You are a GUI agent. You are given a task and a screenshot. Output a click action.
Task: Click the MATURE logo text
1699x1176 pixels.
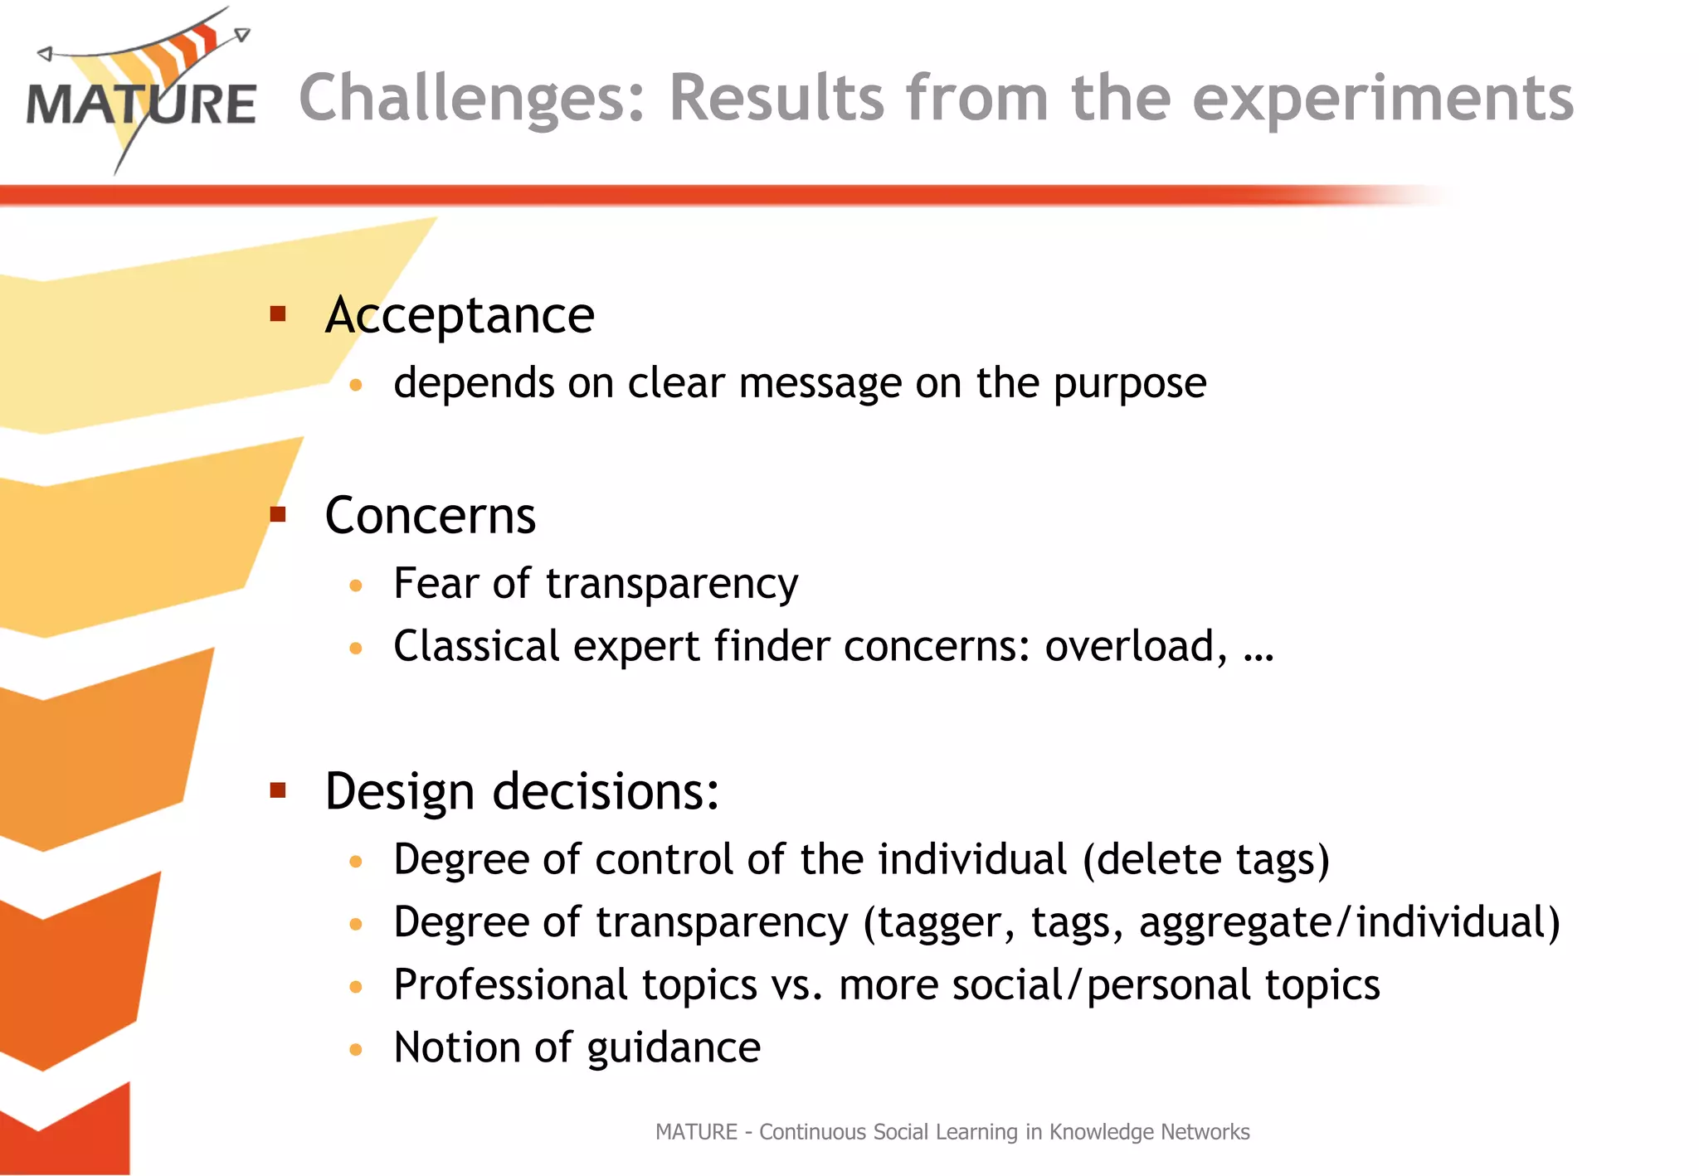141,105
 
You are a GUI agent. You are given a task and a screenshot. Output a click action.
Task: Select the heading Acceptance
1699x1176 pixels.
460,316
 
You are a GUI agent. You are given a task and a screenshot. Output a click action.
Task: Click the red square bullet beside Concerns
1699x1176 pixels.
278,515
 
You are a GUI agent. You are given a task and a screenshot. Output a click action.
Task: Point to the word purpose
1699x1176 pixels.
1129,385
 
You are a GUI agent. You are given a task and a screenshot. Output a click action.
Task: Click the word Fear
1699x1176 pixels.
436,583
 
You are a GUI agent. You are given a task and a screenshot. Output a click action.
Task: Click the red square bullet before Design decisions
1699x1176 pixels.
278,790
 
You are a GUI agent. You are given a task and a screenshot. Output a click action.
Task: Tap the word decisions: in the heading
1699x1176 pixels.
606,792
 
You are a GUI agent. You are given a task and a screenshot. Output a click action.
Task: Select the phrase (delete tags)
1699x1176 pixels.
1205,860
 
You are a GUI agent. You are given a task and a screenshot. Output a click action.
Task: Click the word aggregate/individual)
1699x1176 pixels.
1350,923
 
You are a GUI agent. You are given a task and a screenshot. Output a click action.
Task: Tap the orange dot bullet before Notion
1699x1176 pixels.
356,1050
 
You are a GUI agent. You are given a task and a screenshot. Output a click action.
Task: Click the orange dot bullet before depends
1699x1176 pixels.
356,385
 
